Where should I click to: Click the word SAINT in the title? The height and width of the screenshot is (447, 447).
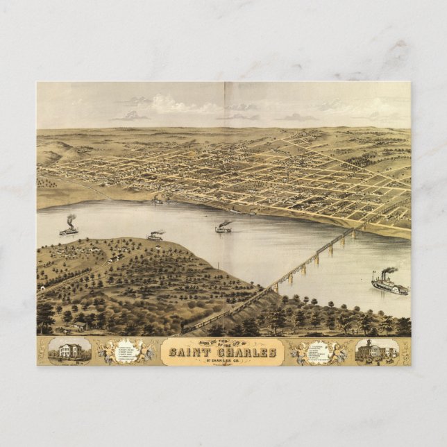[188, 353]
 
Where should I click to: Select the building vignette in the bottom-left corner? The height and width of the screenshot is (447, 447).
[69, 351]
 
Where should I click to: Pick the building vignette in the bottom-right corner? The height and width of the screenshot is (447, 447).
[376, 351]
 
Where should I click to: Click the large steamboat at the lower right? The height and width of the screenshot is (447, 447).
[389, 285]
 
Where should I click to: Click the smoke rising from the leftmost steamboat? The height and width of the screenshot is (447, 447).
[71, 220]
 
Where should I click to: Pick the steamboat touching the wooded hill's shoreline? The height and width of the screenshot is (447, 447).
[155, 237]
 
